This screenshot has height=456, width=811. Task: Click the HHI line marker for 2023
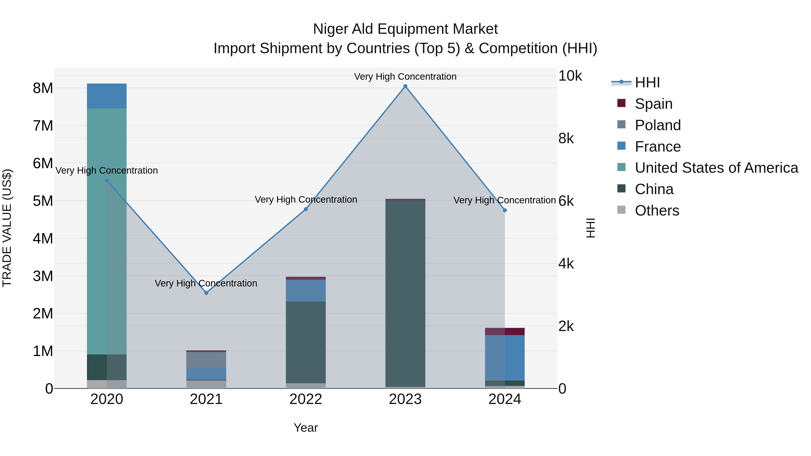coord(405,86)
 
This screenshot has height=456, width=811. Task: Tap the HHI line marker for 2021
coord(206,293)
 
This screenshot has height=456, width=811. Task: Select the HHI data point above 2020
coord(107,181)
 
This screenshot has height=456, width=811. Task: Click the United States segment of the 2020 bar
coord(107,231)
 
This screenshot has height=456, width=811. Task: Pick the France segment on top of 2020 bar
coord(107,96)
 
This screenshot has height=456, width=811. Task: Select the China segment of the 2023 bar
coord(405,293)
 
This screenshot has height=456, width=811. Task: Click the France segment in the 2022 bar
coord(306,290)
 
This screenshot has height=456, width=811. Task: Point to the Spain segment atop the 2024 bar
coord(505,331)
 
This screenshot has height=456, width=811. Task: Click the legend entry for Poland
coord(657,125)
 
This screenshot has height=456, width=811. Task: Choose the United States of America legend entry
coord(716,168)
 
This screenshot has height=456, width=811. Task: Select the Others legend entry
coord(657,211)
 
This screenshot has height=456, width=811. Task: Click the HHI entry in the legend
coord(647,82)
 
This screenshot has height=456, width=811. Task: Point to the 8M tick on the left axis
coord(43,88)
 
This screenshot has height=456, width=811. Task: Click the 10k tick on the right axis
coord(570,76)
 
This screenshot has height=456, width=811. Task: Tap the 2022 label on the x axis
coord(306,399)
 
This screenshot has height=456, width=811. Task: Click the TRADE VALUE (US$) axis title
coord(7,228)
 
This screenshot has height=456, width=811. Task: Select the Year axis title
coord(306,428)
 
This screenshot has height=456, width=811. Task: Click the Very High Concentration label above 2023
coord(405,77)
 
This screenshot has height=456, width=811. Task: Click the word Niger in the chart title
coord(330,29)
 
